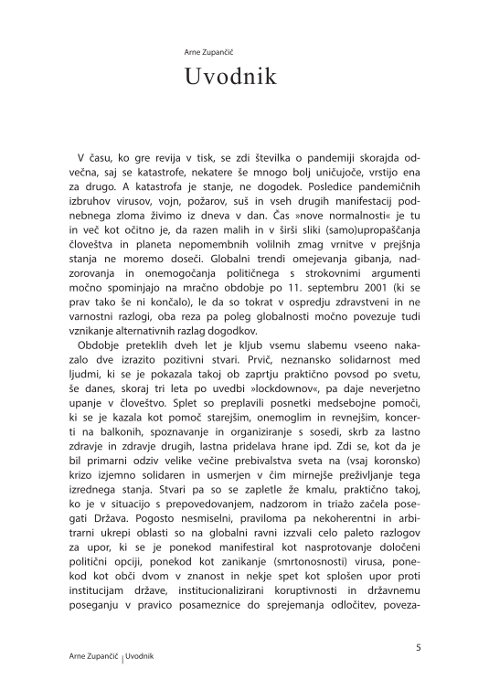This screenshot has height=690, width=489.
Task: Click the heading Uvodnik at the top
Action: click(229, 77)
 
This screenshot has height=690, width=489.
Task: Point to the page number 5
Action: click(418, 648)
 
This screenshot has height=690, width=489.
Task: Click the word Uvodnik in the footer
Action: click(139, 657)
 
